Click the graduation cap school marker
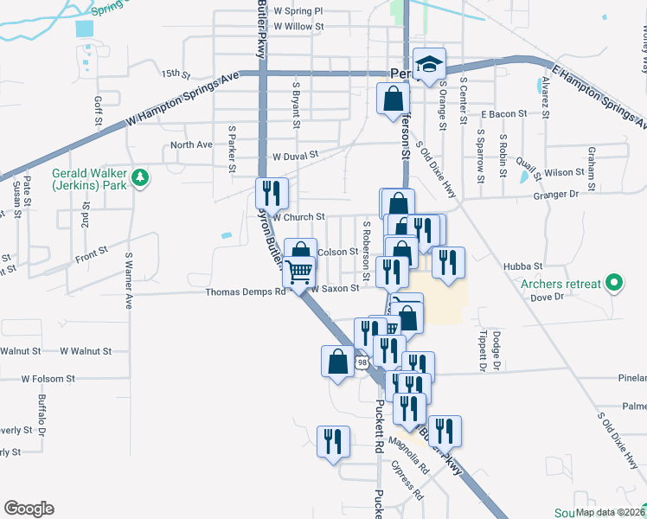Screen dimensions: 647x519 (x=428, y=64)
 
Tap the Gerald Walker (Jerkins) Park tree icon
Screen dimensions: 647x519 (x=139, y=179)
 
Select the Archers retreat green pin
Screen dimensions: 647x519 (x=614, y=282)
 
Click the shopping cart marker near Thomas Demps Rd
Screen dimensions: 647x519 (x=299, y=272)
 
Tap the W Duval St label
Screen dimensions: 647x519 (x=296, y=157)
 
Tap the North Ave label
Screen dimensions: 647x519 (x=191, y=144)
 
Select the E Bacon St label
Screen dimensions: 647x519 (x=504, y=114)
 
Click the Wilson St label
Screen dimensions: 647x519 (x=565, y=173)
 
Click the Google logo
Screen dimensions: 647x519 (x=29, y=509)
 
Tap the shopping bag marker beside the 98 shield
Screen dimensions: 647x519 (x=337, y=360)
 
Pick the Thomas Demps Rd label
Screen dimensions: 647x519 (x=245, y=292)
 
